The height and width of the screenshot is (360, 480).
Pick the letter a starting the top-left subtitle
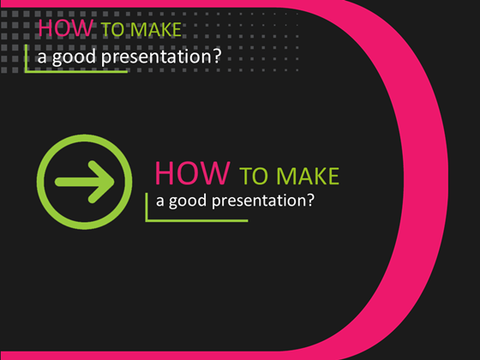[x=42, y=57]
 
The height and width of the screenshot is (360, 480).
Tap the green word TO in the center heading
[x=255, y=177]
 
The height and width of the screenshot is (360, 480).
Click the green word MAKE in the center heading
[x=307, y=177]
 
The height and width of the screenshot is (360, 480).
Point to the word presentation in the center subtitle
[x=264, y=203]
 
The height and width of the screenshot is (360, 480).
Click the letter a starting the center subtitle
[x=159, y=203]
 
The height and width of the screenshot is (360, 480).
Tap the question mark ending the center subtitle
[x=311, y=201]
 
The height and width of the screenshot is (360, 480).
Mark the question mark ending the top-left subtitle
[x=217, y=57]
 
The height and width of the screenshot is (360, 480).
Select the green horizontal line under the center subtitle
[x=197, y=220]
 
